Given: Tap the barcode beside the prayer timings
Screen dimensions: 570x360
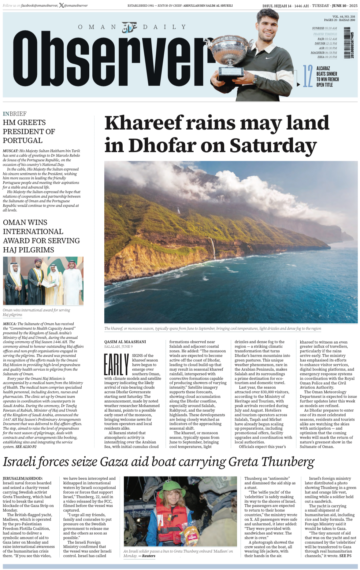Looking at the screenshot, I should click(347, 42).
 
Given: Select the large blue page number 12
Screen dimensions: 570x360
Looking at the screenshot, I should click(307, 76).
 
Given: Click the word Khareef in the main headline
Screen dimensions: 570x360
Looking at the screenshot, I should click(144, 123).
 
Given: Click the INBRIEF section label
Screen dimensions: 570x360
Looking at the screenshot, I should click(15, 114).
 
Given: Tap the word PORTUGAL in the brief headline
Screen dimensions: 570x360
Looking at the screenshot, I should click(23, 140).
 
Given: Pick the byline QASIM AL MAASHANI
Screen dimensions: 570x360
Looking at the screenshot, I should click(125, 342).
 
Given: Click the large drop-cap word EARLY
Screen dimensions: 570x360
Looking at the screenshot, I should click(116, 365).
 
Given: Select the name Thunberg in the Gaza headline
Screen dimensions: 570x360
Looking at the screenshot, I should click(288, 462).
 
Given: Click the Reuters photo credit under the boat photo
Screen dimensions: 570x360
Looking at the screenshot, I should click(149, 556).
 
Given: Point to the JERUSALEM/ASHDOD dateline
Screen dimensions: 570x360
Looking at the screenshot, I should click(23, 478).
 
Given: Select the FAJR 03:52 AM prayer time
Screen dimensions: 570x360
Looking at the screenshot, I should click(327, 39).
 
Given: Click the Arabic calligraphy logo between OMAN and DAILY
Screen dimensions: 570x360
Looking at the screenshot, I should click(129, 28).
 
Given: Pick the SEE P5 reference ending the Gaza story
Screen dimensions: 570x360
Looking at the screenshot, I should click(345, 556).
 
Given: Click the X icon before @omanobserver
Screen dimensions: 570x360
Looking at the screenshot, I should click(61, 6).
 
